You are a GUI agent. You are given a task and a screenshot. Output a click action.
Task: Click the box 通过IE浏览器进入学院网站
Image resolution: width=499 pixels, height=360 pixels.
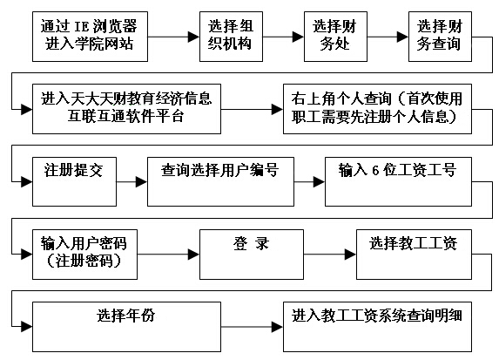pos(90,37)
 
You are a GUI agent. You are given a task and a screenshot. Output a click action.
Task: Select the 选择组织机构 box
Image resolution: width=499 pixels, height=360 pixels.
pos(231,37)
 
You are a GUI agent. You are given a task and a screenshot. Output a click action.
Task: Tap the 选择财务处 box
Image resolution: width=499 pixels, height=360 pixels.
pos(335,37)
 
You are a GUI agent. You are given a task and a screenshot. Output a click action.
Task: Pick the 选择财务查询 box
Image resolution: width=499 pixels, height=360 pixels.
pos(440,37)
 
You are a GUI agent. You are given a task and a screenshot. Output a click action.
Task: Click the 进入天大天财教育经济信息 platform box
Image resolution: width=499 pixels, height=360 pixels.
pos(126,109)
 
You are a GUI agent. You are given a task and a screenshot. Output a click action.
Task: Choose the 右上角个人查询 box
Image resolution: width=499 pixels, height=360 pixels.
pos(377,109)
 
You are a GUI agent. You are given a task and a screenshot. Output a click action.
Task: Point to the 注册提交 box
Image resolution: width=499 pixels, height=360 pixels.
pos(75,181)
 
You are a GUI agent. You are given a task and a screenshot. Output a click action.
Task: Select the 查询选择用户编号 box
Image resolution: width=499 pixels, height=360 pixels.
pos(220,181)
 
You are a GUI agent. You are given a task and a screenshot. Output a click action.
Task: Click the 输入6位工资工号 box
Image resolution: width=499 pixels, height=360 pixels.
pos(398,181)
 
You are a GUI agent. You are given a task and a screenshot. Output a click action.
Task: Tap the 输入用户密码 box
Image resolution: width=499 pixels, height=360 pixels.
pos(85,255)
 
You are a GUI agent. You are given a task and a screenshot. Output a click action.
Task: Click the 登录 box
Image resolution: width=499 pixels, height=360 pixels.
pos(252,255)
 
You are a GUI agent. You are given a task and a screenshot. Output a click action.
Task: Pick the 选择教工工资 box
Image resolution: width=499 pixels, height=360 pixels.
pos(414,255)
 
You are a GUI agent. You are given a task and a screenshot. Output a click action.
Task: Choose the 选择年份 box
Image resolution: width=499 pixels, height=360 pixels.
pos(126,327)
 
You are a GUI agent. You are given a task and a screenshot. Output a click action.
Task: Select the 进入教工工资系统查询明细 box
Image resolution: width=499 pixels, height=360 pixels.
pos(377,327)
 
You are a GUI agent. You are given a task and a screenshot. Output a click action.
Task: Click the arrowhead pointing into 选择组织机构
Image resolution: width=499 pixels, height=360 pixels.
pos(194,37)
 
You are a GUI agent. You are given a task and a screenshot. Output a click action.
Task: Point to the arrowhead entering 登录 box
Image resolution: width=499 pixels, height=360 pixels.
pos(194,255)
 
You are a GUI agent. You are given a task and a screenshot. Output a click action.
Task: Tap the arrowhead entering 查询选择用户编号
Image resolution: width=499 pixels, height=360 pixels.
pos(142,182)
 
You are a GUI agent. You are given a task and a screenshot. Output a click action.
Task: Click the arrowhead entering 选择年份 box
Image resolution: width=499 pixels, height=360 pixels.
pos(27,327)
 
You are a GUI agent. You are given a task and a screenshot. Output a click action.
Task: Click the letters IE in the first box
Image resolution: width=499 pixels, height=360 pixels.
pos(81,26)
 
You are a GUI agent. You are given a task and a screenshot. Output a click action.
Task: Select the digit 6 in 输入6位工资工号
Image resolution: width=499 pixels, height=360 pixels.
pos(375,171)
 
